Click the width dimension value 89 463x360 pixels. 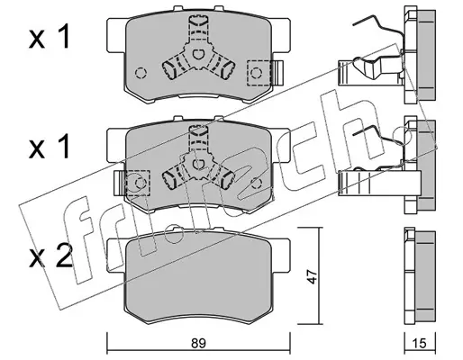pos(198,343)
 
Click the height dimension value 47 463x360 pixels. pos(312,276)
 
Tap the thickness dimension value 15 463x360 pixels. pos(420,343)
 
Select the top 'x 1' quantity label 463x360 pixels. pos(50,37)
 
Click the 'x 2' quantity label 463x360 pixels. pos(51,256)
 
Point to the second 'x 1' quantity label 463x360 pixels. pos(50,147)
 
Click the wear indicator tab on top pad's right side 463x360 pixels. pos(279,73)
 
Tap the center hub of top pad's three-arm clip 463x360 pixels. pos(197,55)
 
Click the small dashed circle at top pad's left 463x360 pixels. pos(141,73)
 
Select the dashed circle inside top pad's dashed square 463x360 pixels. pos(256,73)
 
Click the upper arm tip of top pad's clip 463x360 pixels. pos(198,21)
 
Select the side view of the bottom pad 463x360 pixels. pos(420,276)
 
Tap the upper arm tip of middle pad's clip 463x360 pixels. pos(198,130)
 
